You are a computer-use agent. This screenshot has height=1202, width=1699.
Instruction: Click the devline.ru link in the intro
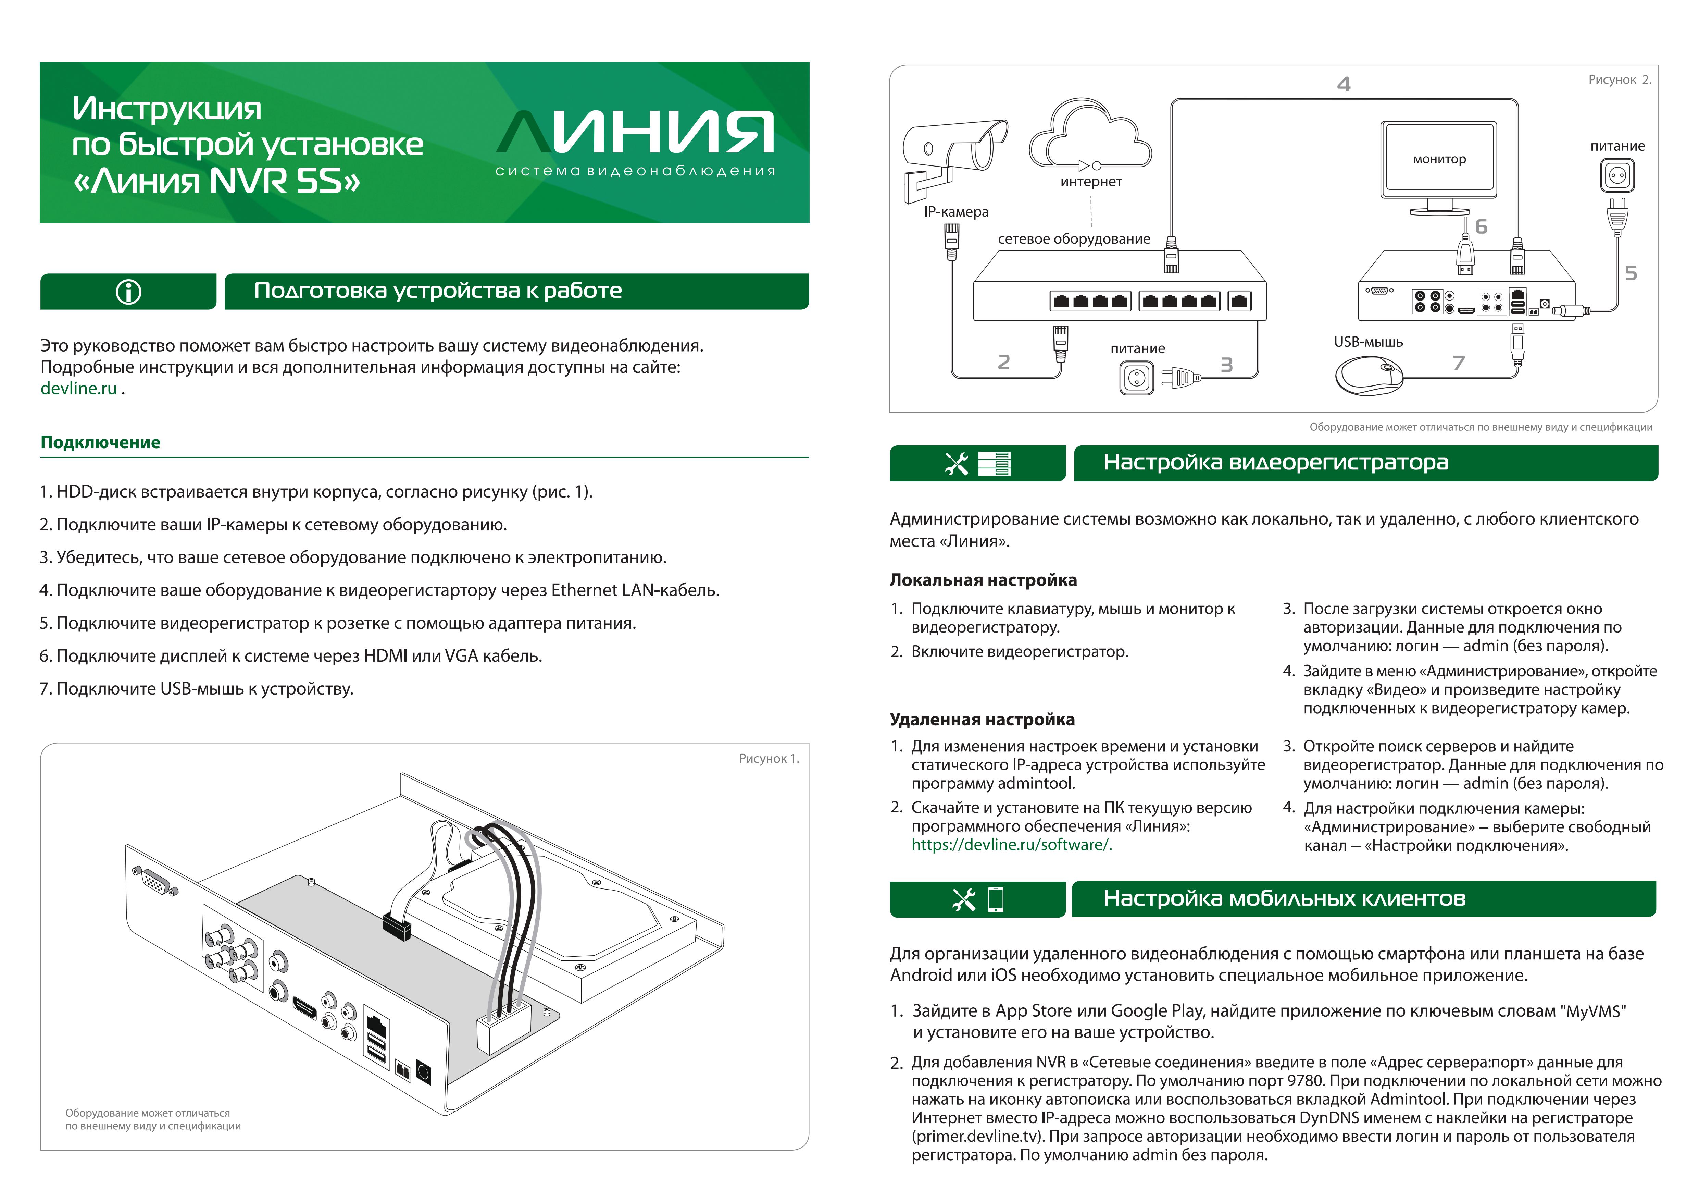pos(78,389)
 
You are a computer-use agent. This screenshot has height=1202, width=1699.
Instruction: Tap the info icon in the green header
pos(129,292)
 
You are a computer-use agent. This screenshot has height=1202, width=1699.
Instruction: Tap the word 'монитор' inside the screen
pos(1439,159)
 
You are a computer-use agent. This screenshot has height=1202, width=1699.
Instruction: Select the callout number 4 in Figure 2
pos(1344,84)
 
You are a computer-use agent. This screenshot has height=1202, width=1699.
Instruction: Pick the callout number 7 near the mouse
pos(1459,363)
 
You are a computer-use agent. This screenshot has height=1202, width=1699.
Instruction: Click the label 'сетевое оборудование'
pos(1074,239)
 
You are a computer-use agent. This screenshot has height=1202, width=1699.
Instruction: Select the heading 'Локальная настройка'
pos(983,580)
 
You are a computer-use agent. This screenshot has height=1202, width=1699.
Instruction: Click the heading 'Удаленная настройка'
pos(982,720)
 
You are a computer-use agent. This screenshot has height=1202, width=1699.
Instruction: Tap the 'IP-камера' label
pos(956,212)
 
